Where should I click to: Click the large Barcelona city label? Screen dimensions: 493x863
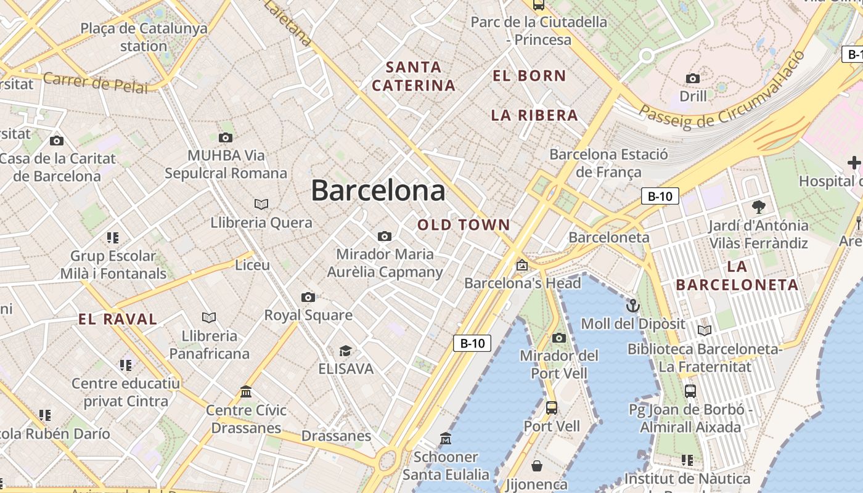click(x=378, y=190)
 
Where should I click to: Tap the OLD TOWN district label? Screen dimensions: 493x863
click(x=464, y=225)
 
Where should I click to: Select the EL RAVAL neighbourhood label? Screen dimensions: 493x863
click(x=118, y=319)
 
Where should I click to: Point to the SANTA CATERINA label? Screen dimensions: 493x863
click(x=413, y=76)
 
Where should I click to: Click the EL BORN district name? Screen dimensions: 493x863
click(x=529, y=76)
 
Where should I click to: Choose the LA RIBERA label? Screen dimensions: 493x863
click(x=534, y=115)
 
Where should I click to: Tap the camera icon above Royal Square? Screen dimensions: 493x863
click(x=308, y=298)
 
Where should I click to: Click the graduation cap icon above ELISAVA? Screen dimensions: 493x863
click(x=345, y=351)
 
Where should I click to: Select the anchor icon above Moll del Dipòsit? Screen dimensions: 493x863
click(x=632, y=306)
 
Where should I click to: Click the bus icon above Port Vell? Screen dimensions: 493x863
click(x=552, y=408)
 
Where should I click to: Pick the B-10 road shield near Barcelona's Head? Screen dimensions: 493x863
click(x=472, y=343)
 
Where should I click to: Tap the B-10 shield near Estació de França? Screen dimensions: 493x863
click(x=660, y=197)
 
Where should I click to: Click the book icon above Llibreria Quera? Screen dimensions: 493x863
click(x=261, y=204)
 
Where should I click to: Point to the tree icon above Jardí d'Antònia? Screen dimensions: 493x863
click(x=758, y=207)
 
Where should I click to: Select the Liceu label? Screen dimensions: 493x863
click(x=253, y=265)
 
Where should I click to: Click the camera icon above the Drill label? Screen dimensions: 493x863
click(x=693, y=79)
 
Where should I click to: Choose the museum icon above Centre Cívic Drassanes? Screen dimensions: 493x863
click(x=246, y=392)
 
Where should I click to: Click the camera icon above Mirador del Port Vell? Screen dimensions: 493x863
click(x=559, y=338)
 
